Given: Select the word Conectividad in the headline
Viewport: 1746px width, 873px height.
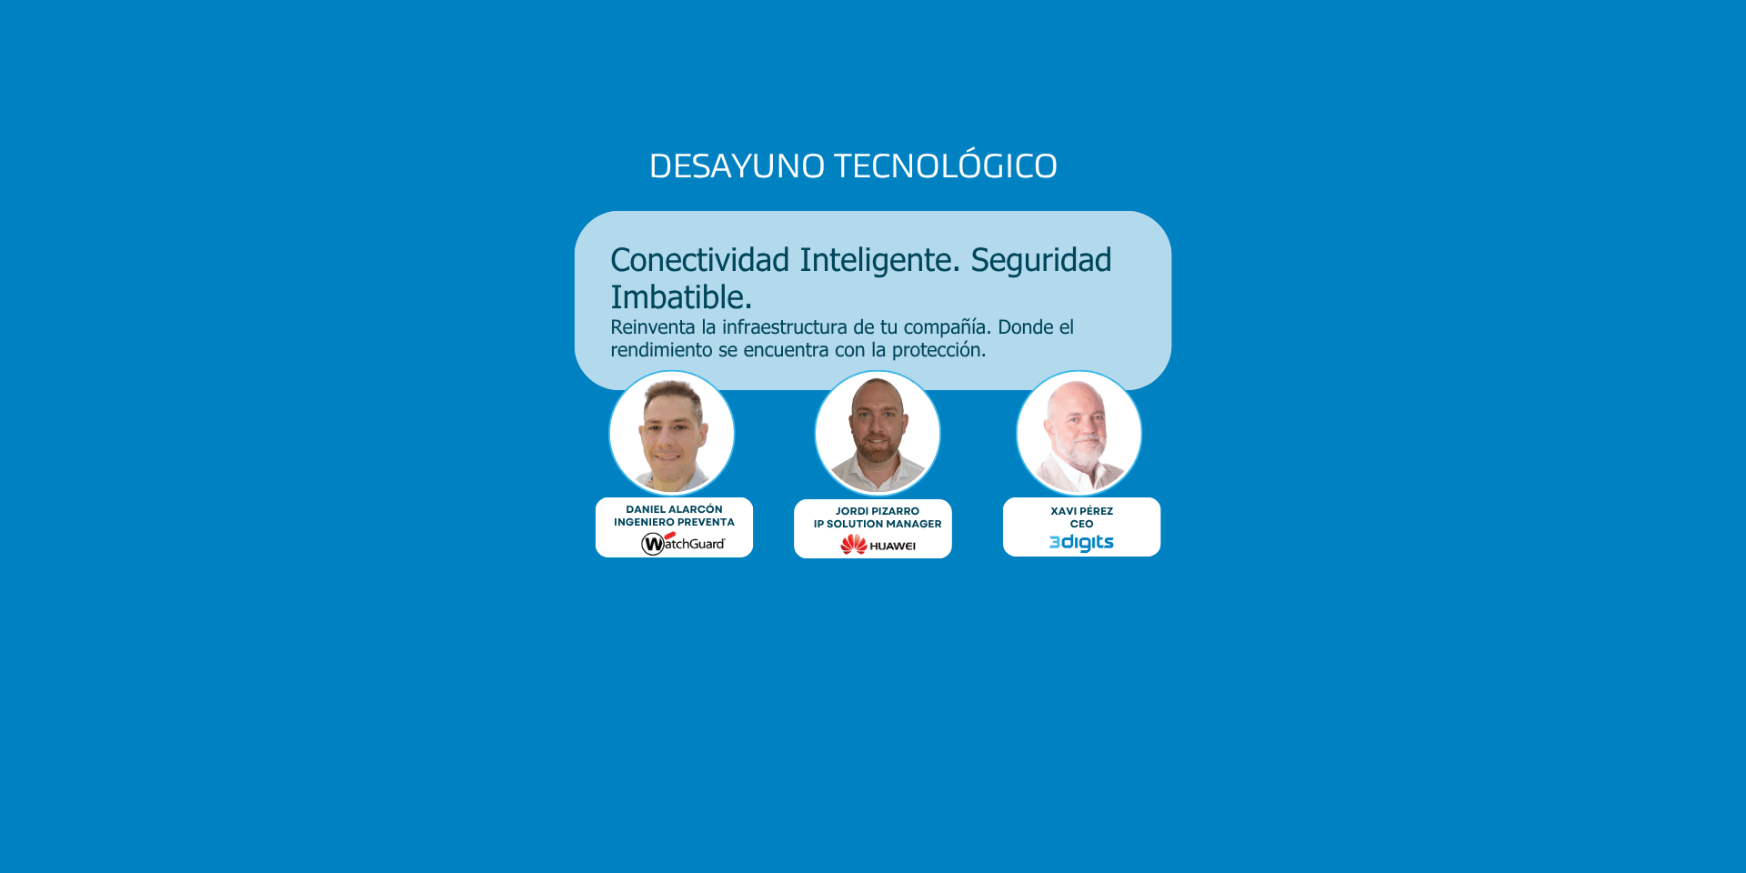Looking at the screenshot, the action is (700, 260).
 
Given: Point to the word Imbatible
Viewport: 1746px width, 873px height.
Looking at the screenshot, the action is (681, 297).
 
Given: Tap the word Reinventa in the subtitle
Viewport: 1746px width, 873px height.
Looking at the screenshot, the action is (652, 327).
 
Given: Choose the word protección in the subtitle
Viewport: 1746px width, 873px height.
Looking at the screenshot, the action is (938, 351).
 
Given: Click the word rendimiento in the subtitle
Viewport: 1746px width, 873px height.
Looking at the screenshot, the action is (661, 350).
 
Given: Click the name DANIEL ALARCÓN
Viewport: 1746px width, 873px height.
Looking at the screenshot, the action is (674, 509).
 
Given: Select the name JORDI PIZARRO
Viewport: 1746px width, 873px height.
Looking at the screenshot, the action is (878, 511).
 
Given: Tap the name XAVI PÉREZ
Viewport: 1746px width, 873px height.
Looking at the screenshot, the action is (1082, 511).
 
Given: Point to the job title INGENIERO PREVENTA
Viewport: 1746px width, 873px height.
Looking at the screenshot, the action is (674, 522).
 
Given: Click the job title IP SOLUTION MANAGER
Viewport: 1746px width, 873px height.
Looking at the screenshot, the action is (878, 524).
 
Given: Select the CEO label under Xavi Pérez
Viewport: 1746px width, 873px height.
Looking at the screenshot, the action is (1082, 524).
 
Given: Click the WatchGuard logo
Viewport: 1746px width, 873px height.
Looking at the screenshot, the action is (683, 543).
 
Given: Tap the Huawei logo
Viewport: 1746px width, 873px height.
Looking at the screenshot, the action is (878, 545).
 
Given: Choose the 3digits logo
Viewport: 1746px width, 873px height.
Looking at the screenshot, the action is (1081, 543).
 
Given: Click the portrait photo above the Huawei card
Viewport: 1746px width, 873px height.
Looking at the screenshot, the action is (878, 433).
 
